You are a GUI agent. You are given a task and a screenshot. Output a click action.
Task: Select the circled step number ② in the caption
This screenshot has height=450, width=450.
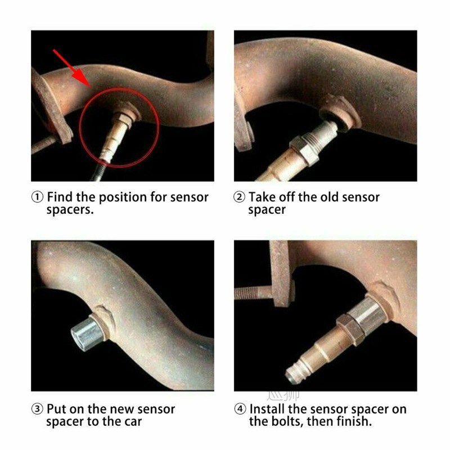(240, 197)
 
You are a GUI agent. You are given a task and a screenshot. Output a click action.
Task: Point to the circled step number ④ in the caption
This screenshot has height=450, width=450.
(240, 409)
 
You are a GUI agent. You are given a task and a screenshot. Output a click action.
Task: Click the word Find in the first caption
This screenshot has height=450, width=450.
(60, 197)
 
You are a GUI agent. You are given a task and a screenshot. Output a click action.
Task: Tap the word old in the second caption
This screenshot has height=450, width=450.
(314, 197)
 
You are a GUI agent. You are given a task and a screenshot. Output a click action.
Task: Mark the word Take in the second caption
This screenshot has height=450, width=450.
(261, 197)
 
